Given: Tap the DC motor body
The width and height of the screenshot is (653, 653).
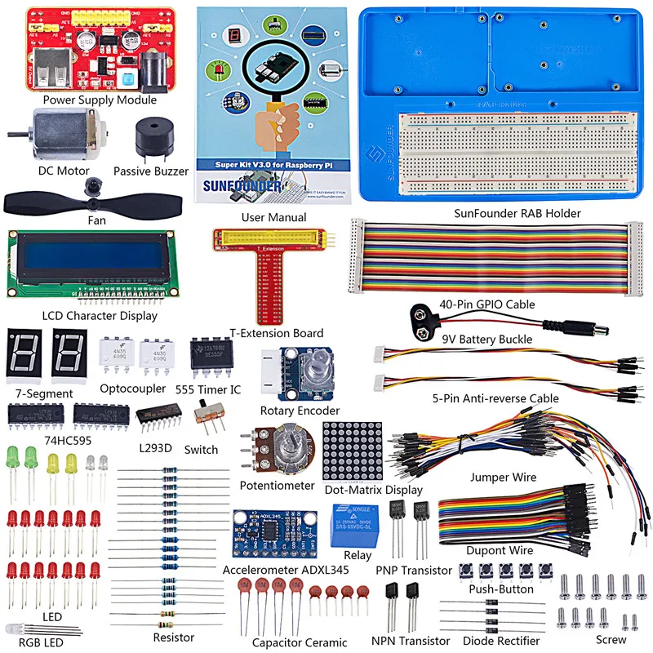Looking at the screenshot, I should pos(54,133).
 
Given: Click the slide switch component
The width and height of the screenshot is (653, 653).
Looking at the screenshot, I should pos(209,424).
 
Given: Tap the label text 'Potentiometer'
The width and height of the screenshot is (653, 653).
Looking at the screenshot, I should pos(277,486).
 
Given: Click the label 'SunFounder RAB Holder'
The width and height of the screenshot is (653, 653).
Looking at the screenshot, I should pos(518,214).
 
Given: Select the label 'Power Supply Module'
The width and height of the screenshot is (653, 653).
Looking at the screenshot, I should pos(100,100).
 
